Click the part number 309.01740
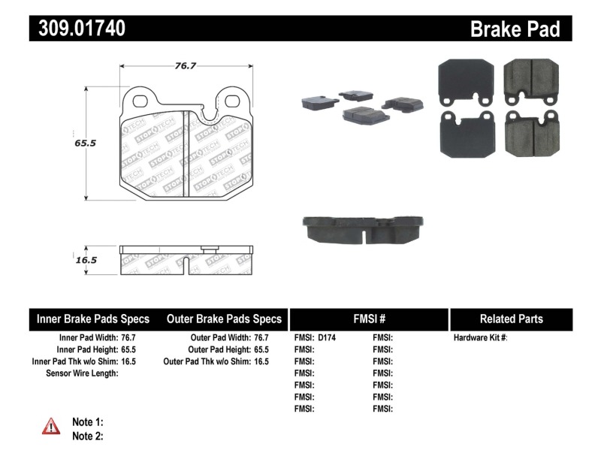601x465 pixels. pos(77,29)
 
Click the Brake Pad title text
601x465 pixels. pos(515,29)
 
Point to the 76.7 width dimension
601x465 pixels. pos(186,66)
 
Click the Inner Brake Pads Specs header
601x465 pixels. pos(93,319)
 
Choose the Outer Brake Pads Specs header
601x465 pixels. pos(224,319)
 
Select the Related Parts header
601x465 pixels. pos(511,319)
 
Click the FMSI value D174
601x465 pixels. pos(327,338)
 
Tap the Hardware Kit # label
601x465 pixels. pos(481,338)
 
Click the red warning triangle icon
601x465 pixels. pos(50,427)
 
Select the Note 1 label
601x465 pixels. pos(87,422)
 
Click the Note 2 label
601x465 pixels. pos(87,436)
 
